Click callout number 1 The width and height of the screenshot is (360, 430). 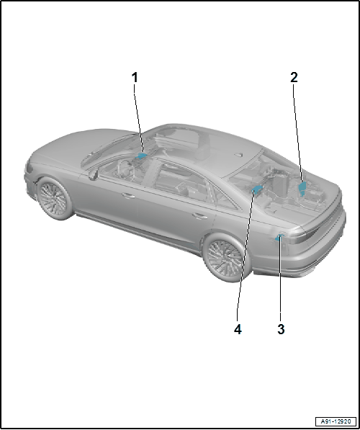(x=135, y=78)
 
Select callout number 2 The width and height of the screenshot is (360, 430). (x=294, y=77)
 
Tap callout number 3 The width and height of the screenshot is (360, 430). (x=281, y=329)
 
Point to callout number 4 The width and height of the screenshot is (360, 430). (x=238, y=329)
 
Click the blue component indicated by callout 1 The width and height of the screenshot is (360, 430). (x=142, y=156)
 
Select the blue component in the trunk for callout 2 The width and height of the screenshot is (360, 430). (x=302, y=188)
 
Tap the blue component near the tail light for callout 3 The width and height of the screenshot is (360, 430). (x=279, y=238)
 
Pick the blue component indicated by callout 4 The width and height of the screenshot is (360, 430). (x=257, y=189)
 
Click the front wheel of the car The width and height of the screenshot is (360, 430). (x=54, y=198)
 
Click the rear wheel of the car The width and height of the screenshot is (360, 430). (x=225, y=258)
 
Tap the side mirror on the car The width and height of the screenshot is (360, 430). (x=93, y=174)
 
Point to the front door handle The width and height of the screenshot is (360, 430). (x=128, y=196)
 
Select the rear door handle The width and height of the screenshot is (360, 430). (x=199, y=216)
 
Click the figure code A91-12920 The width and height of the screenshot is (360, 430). (x=336, y=421)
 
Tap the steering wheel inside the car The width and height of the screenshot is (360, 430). (x=125, y=168)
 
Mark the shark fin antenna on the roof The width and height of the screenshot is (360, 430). (x=238, y=155)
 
